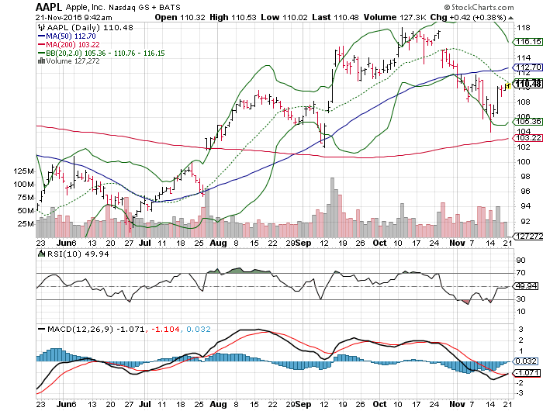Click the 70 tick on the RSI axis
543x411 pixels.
520,274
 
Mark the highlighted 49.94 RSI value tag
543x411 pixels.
526,286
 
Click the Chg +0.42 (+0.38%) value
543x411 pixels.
482,17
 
